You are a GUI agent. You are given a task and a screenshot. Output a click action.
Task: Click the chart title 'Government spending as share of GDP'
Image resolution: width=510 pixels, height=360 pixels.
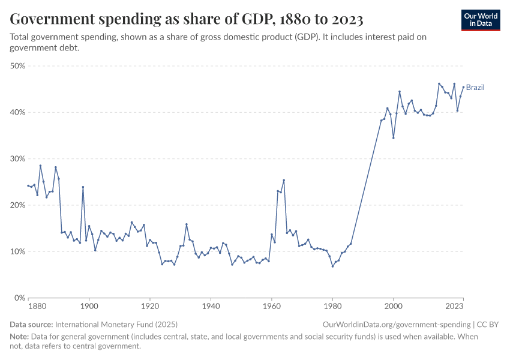pyautogui.click(x=187, y=19)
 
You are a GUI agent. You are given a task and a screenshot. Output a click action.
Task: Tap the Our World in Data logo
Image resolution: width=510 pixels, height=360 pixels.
pyautogui.click(x=481, y=20)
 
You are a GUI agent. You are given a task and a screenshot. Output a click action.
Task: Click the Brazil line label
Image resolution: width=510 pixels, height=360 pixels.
pyautogui.click(x=475, y=88)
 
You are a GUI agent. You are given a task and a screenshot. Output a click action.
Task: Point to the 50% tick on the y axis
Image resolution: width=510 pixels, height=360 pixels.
pyautogui.click(x=17, y=66)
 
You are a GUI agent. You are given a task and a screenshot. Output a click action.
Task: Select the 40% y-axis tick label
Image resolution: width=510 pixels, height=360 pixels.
pyautogui.click(x=17, y=112)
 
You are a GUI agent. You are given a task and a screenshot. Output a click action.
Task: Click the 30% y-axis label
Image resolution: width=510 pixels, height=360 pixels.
pyautogui.click(x=17, y=159)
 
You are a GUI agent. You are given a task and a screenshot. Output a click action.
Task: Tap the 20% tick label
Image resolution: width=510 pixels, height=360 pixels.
pyautogui.click(x=17, y=205)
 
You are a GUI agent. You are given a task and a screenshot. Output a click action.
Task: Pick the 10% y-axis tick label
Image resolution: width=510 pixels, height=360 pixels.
pyautogui.click(x=17, y=251)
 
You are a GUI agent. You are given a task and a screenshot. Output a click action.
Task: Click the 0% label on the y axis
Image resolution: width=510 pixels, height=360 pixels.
pyautogui.click(x=19, y=298)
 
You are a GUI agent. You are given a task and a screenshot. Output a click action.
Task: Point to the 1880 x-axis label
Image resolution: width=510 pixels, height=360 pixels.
pyautogui.click(x=37, y=307)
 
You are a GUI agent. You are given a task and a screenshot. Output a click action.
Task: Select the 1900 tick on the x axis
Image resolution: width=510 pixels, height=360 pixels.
pyautogui.click(x=89, y=307)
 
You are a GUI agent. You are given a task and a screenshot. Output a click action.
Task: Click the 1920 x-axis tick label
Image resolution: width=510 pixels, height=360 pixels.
pyautogui.click(x=150, y=307)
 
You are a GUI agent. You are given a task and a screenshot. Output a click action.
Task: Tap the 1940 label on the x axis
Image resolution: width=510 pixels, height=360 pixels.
pyautogui.click(x=211, y=307)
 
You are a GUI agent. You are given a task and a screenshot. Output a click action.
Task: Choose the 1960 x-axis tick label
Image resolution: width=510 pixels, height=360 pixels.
pyautogui.click(x=271, y=307)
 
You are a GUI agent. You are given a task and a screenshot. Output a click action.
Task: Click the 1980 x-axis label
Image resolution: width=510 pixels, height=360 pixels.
pyautogui.click(x=332, y=307)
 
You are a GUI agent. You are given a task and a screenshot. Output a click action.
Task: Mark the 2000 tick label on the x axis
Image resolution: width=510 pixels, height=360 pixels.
pyautogui.click(x=393, y=307)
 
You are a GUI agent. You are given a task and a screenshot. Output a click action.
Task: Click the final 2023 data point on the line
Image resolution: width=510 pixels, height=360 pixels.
pyautogui.click(x=463, y=86)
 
